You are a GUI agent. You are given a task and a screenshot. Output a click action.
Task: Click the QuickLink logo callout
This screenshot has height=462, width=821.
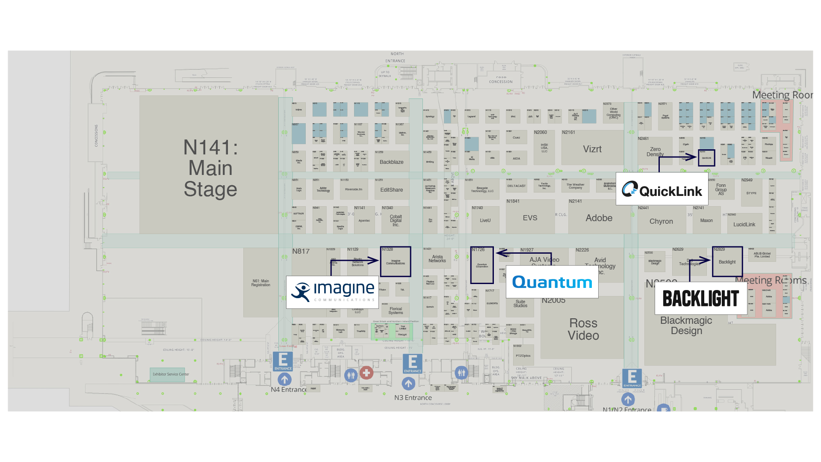point(662,189)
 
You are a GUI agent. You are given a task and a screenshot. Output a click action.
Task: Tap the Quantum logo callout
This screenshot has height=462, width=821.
point(552,282)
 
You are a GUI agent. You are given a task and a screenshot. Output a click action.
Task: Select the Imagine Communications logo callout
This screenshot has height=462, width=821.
point(332,292)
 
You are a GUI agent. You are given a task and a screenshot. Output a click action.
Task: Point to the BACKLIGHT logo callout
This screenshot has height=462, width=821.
point(701,298)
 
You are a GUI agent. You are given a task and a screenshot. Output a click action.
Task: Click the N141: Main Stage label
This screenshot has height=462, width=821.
point(210,168)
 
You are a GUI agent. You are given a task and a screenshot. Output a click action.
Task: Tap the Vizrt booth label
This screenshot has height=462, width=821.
point(592,149)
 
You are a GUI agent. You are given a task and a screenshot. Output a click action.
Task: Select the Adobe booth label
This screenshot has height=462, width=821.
point(599,218)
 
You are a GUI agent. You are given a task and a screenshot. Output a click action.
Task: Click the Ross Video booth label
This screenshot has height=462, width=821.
point(583,329)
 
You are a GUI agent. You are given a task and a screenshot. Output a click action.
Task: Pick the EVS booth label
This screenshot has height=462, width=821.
point(530,218)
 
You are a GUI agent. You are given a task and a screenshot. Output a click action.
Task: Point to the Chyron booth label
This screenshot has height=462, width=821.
point(661,222)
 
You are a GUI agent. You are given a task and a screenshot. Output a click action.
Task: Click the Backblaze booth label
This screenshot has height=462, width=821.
point(391,162)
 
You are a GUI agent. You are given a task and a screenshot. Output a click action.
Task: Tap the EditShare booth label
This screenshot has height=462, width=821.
point(391,190)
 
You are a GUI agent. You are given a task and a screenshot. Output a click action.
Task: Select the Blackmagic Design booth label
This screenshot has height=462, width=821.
point(686,326)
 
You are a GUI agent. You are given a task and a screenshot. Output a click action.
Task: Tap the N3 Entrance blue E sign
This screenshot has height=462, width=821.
point(413,364)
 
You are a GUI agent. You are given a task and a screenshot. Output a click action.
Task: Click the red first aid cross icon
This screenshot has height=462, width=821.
point(366,373)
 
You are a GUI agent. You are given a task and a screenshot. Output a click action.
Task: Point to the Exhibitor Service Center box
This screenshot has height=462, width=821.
point(171,374)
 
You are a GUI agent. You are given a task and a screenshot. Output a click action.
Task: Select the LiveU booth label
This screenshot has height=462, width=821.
point(485,221)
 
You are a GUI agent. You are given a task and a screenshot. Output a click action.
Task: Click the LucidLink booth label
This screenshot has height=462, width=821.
point(744,225)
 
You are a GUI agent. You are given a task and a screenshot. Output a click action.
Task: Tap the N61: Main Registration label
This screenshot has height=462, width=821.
point(260,283)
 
